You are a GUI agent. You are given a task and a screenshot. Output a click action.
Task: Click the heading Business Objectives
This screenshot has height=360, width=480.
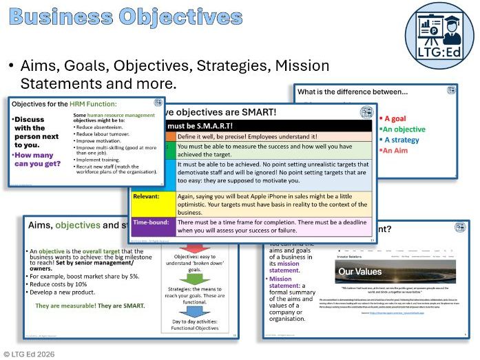(x=125, y=19)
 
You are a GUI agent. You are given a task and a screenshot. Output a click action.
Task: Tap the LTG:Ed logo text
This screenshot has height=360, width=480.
(x=444, y=51)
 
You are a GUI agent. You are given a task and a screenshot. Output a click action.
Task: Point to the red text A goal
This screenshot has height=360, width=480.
(x=397, y=118)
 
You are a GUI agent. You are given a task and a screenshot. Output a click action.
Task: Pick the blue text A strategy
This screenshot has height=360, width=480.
(x=402, y=140)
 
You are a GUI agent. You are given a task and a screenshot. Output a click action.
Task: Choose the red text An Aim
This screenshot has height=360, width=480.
(x=396, y=150)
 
